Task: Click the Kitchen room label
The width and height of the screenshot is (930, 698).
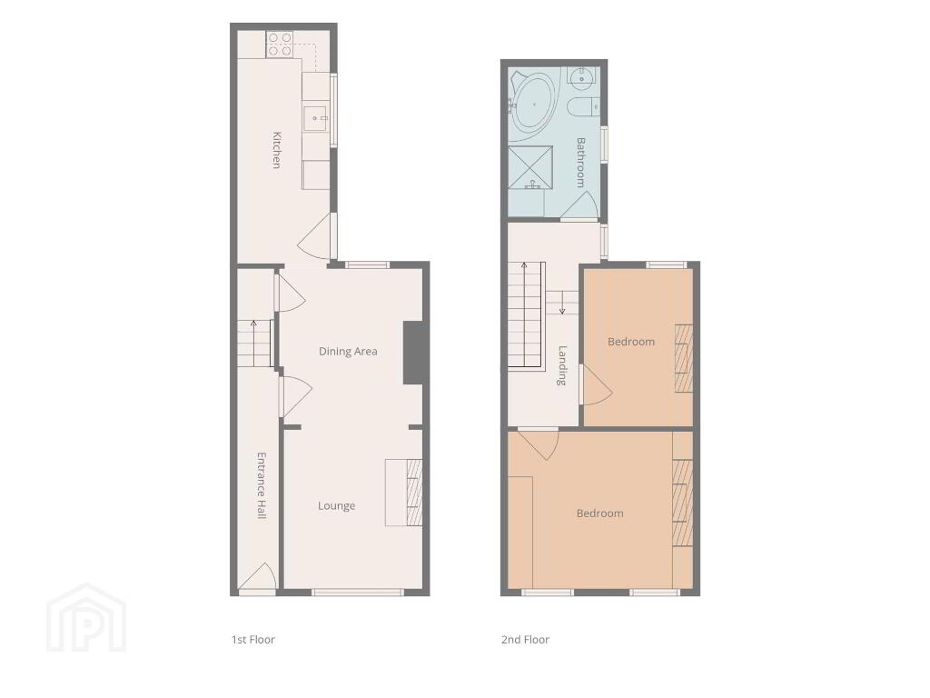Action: pos(276,150)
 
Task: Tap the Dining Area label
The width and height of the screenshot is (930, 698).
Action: pos(348,352)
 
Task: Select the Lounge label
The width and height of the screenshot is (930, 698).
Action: pos(336,505)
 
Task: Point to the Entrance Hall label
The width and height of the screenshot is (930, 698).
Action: pos(261,485)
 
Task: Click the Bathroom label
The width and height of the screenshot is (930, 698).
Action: pos(580,163)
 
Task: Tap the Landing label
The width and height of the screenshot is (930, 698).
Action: pos(562,365)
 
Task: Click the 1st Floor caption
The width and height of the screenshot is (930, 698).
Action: pos(253,639)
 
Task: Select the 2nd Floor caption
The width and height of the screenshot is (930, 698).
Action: pos(525,639)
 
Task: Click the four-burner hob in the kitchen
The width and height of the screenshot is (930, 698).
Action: pos(280,45)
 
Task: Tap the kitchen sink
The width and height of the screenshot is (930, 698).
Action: pos(316,118)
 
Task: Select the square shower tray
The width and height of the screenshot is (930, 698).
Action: pos(530,166)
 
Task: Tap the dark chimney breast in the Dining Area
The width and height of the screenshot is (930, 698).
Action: pos(414,353)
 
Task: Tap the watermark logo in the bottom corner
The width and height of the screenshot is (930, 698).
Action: pos(86,618)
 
